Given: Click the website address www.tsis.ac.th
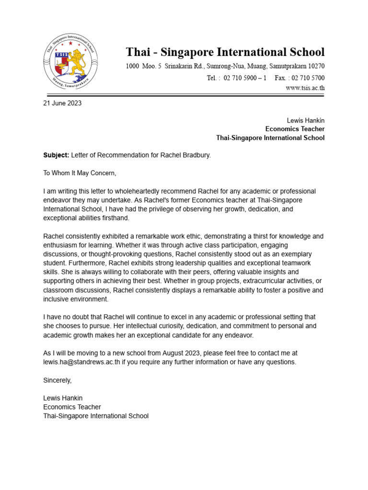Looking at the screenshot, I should click(305, 88).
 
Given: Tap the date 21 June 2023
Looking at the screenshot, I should click(62, 103).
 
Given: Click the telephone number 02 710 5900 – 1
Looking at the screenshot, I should click(245, 78).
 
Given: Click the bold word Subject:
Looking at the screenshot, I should click(56, 156).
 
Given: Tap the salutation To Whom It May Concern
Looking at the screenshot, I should click(80, 173).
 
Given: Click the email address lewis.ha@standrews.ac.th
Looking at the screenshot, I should click(81, 362).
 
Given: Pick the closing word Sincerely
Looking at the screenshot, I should click(57, 380).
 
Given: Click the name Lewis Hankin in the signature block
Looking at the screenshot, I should click(63, 398).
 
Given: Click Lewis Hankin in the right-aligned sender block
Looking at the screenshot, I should click(305, 120).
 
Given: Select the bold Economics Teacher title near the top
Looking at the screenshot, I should click(295, 129).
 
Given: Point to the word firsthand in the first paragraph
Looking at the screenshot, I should click(115, 218).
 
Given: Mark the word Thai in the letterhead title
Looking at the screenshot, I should click(137, 52).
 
